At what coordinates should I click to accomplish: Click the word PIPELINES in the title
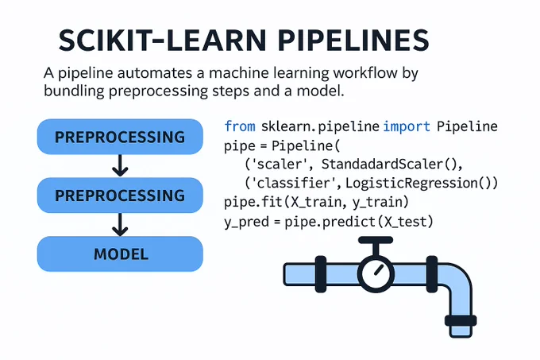[x=353, y=41]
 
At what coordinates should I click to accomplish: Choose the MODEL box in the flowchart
[x=120, y=254]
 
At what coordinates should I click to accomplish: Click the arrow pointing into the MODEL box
[x=120, y=224]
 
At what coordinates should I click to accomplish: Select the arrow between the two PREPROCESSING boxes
[x=120, y=166]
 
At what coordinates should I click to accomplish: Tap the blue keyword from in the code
[x=240, y=126]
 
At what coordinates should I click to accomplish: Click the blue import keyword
[x=407, y=127]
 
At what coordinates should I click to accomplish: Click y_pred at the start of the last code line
[x=246, y=222]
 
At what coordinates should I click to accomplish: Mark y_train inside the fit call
[x=377, y=202]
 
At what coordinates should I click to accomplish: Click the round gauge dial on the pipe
[x=376, y=273]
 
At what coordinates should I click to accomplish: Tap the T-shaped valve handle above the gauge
[x=376, y=246]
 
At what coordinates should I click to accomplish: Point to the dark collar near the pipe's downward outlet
[x=461, y=321]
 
